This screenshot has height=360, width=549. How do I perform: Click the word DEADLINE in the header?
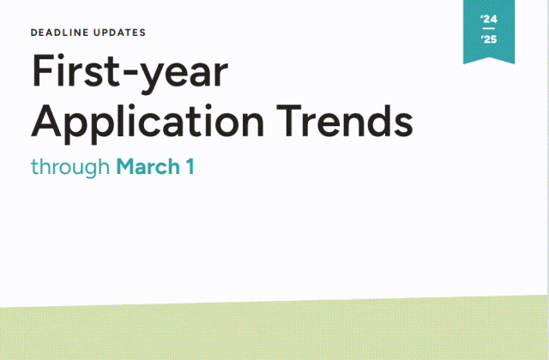59,33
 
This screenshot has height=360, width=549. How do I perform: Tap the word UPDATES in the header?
119,33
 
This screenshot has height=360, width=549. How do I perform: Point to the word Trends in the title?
345,120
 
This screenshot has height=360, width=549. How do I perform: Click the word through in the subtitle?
70,168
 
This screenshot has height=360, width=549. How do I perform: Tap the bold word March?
148,166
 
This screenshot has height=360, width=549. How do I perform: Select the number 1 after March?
190,166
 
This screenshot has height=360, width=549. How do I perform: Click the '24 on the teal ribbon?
489,19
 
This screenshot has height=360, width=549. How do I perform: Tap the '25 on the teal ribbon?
489,39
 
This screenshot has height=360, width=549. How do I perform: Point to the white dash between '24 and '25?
488,28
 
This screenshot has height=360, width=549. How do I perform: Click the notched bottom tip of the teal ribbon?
489,57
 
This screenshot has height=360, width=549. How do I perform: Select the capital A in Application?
45,120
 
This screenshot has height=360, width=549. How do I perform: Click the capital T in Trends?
289,120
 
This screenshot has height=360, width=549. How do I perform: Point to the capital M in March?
126,166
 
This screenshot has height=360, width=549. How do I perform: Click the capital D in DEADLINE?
34,33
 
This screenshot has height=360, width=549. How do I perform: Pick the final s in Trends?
403,124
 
